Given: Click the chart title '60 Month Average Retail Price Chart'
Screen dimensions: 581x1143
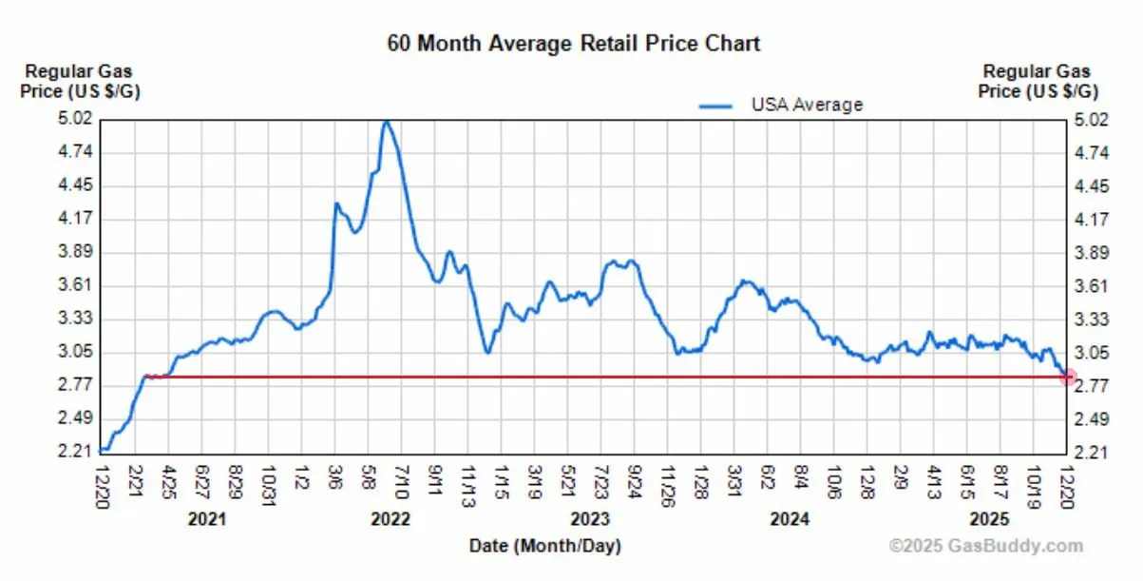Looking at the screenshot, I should click(x=574, y=44).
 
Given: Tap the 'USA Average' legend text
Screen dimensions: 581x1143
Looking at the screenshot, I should click(x=807, y=105).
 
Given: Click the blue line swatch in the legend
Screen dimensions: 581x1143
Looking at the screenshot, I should click(x=715, y=106).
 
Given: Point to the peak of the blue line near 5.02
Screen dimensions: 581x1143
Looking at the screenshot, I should click(x=386, y=122).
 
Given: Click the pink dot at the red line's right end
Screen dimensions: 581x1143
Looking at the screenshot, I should click(x=1067, y=378).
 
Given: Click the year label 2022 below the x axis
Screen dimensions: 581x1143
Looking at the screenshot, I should click(x=391, y=519).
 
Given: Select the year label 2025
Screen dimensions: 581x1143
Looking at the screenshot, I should click(x=989, y=519).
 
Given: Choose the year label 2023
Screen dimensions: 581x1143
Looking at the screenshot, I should click(x=590, y=519).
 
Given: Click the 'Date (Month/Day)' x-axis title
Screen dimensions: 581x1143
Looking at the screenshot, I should click(x=544, y=546).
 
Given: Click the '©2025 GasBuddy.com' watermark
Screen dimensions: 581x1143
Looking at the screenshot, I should click(x=985, y=546).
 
